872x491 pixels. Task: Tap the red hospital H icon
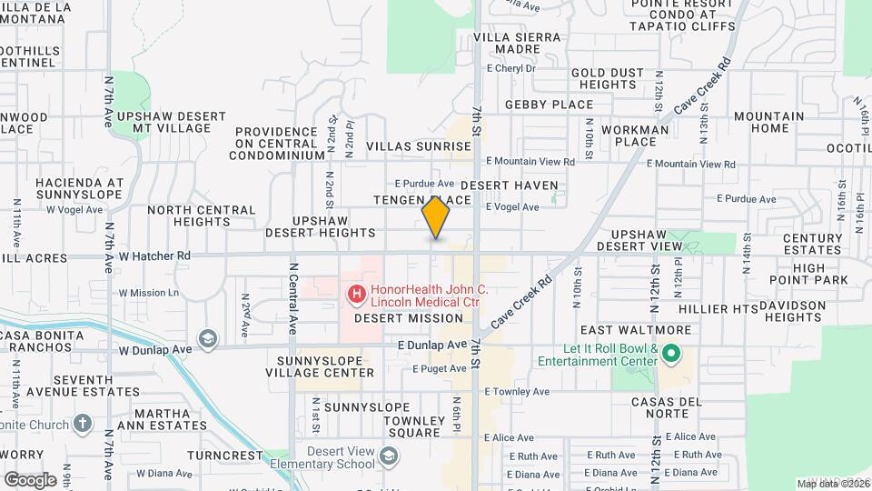tap(356, 294)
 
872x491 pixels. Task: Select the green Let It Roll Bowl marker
tap(672, 352)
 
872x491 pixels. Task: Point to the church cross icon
tap(83, 425)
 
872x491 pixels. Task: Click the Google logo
tap(30, 480)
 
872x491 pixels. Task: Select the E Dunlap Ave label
tap(431, 346)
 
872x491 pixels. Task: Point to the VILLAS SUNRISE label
tap(419, 146)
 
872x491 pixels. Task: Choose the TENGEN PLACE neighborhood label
tap(422, 200)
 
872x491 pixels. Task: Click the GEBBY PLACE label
tap(549, 105)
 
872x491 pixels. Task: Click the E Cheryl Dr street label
tap(511, 68)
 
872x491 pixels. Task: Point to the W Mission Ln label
tap(149, 293)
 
